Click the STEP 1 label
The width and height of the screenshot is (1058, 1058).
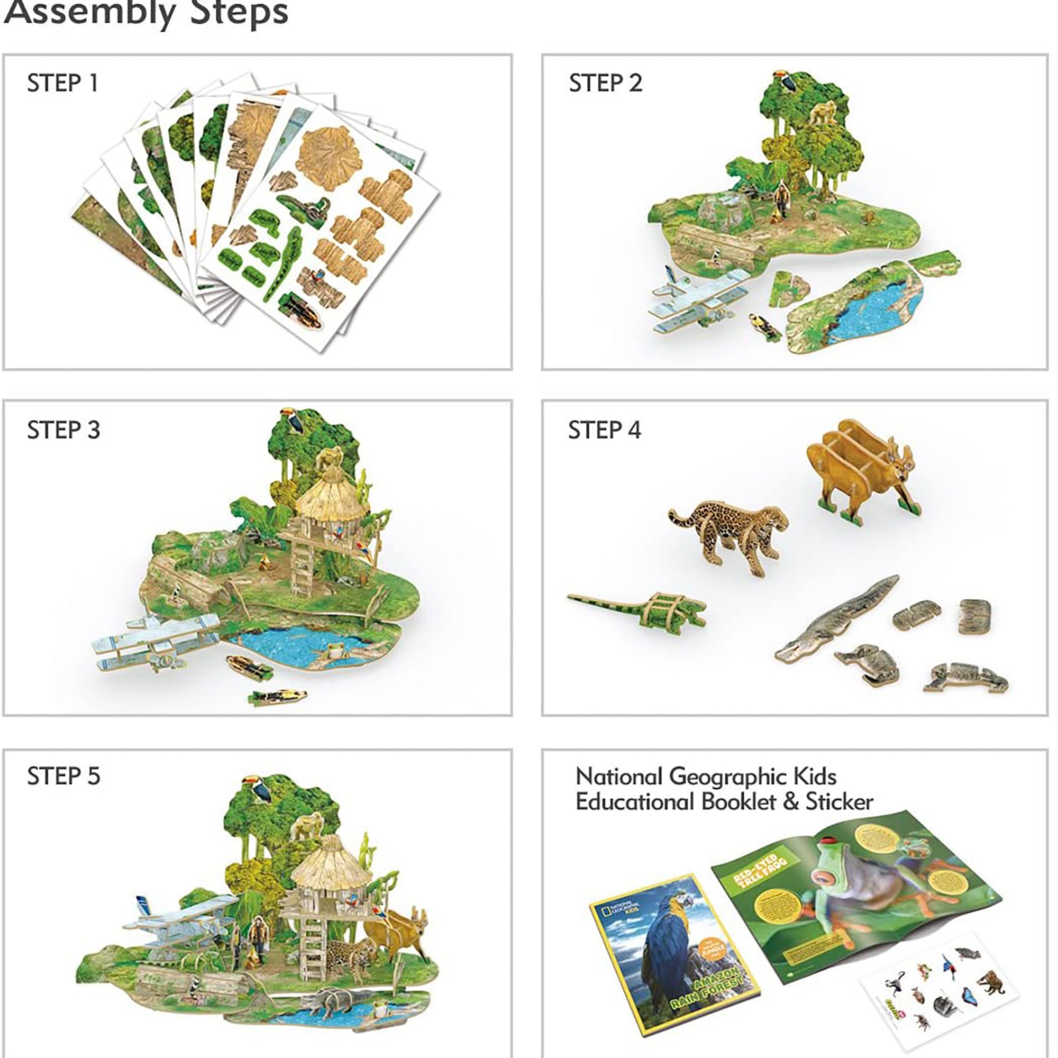point(62,83)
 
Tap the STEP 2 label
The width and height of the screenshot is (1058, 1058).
point(605,83)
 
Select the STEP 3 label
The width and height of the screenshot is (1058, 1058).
point(63,430)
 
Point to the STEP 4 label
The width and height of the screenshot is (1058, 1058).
point(604,430)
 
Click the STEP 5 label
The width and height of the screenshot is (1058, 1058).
point(63,776)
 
